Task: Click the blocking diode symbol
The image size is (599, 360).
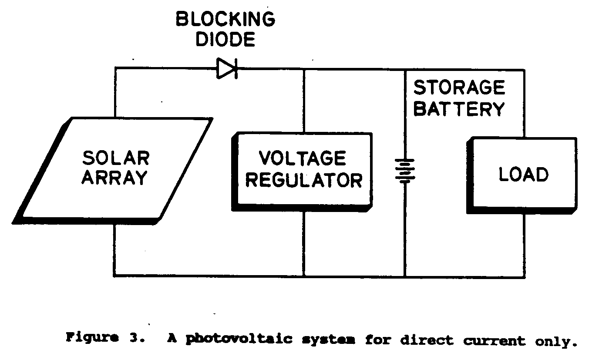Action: (227, 69)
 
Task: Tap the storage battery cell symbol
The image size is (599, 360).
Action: (405, 170)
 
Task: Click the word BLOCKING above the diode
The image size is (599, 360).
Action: (225, 20)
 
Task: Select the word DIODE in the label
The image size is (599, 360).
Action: (225, 40)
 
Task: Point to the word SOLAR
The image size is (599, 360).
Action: (116, 158)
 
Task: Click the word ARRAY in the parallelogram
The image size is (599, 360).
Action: (114, 178)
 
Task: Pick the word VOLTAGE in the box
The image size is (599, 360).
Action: (303, 158)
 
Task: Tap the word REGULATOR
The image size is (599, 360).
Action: (304, 180)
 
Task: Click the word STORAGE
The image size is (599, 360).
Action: (459, 88)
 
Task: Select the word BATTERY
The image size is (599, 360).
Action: (459, 109)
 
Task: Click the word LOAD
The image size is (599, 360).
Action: (523, 175)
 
